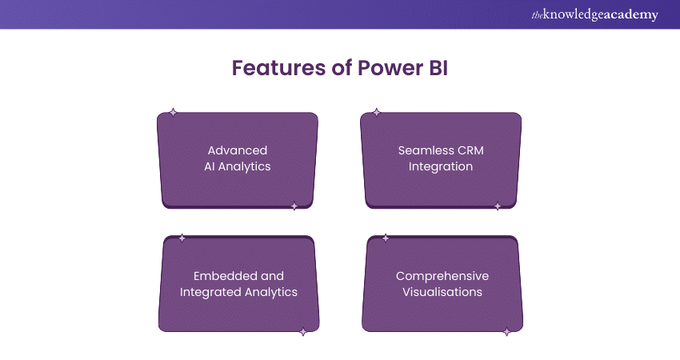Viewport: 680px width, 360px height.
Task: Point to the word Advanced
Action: point(237,150)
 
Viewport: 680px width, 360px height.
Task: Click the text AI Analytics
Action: point(237,166)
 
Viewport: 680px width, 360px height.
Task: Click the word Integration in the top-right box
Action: point(441,166)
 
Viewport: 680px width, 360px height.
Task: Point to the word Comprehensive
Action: point(442,276)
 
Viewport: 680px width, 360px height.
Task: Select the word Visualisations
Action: point(442,292)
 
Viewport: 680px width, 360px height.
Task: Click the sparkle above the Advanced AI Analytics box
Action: point(173,113)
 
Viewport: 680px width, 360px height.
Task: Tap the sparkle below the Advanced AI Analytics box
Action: point(294,206)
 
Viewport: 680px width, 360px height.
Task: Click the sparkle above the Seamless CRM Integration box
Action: point(377,113)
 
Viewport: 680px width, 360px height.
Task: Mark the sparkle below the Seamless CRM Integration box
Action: point(497,206)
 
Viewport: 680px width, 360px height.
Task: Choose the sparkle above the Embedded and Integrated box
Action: point(182,238)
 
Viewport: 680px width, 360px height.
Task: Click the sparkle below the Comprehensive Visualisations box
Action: point(506,332)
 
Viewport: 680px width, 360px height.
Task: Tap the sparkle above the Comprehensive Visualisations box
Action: point(386,238)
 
